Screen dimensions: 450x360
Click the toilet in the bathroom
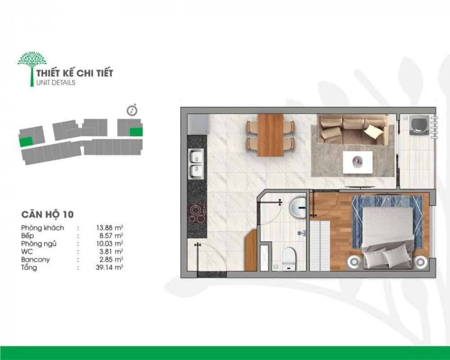tap(289, 258)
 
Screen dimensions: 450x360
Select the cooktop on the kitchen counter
tap(197, 214)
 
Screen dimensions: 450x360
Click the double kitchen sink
tap(196, 164)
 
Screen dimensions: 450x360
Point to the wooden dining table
tap(271, 135)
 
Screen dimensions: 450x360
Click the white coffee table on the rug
tap(357, 163)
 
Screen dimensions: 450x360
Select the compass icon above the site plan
tap(132, 110)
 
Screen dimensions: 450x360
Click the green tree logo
tap(32, 67)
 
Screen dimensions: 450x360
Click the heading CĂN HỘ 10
tap(48, 215)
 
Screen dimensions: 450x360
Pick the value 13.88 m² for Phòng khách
tap(109, 228)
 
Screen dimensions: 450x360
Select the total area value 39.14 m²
tap(109, 267)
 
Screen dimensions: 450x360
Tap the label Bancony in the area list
tap(35, 260)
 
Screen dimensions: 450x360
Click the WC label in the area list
tap(27, 252)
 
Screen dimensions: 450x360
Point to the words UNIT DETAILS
tap(56, 83)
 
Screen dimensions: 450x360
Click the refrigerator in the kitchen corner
tap(197, 124)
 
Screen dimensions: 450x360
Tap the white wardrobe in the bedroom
tap(320, 246)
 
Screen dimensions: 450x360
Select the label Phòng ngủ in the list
tap(39, 244)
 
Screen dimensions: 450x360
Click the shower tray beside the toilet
tap(265, 258)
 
